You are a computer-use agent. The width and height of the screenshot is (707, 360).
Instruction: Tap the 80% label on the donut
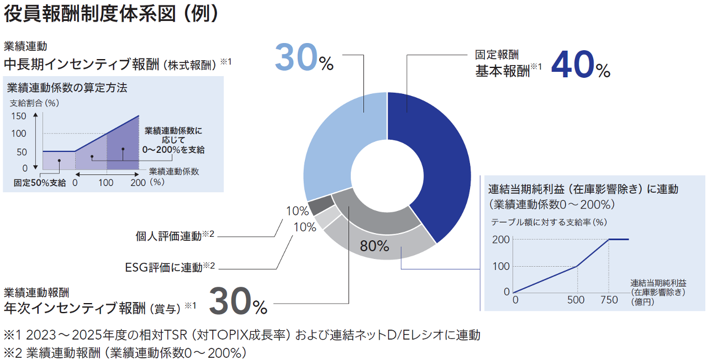374,246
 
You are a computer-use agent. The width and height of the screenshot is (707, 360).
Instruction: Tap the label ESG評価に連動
165,268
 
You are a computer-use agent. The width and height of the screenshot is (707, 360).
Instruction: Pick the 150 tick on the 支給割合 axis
18,116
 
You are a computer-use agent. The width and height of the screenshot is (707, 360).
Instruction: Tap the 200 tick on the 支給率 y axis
500,240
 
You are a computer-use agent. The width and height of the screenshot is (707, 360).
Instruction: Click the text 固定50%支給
40,183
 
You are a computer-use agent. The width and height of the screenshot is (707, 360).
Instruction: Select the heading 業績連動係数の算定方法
67,87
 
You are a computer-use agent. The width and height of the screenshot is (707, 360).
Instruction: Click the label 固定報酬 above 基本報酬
497,56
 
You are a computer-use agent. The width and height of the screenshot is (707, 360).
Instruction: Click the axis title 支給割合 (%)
34,103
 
